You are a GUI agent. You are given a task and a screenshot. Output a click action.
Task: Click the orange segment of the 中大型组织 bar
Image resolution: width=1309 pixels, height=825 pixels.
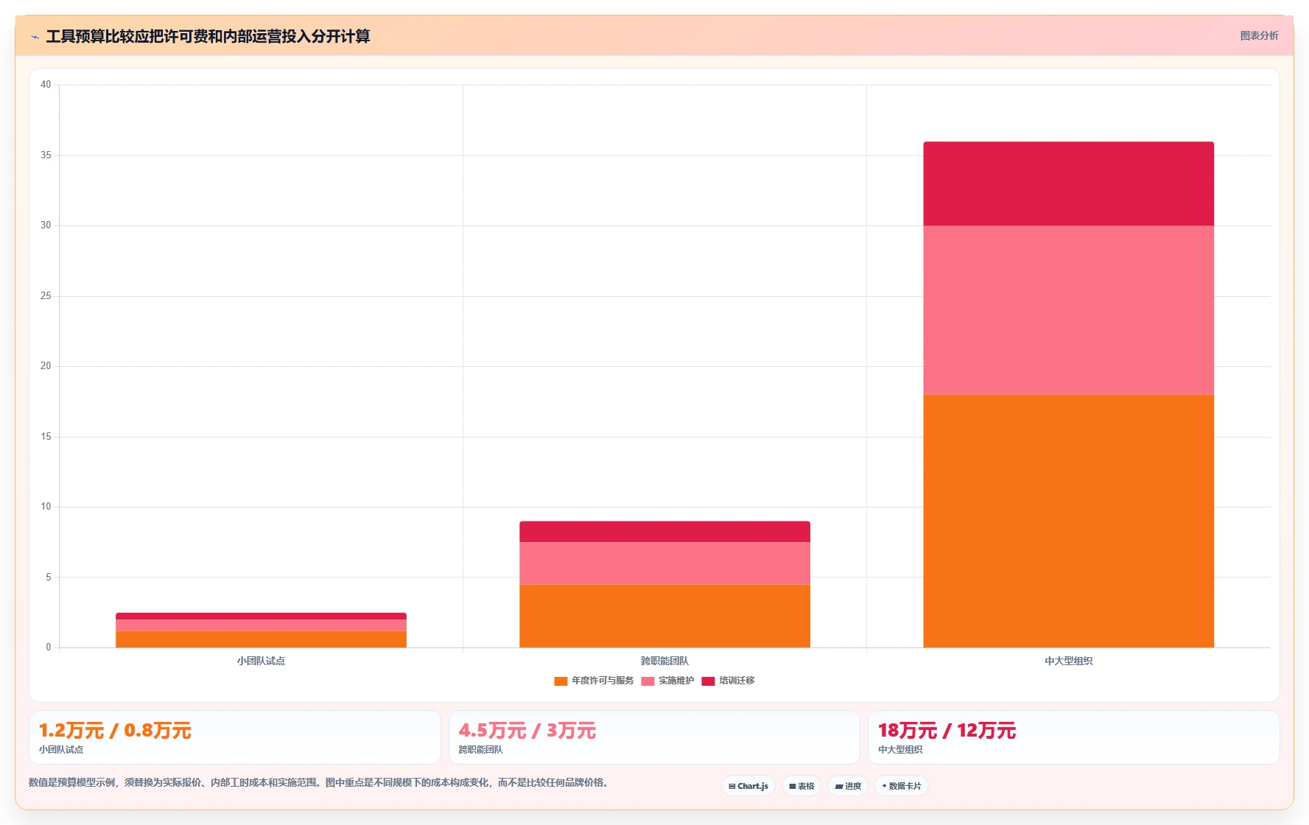click(x=1068, y=521)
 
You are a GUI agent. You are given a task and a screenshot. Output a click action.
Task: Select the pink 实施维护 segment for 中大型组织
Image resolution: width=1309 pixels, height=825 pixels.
click(x=1068, y=310)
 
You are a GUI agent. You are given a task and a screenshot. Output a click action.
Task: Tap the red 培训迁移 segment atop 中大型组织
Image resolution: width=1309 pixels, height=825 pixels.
click(x=1068, y=183)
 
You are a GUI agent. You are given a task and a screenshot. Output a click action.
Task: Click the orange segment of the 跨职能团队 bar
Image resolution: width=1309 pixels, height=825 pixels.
click(x=664, y=616)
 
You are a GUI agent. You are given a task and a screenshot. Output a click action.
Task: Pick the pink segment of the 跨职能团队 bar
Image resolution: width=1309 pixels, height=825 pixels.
click(x=664, y=564)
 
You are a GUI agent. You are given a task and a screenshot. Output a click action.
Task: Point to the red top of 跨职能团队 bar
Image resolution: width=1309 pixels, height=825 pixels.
click(x=664, y=532)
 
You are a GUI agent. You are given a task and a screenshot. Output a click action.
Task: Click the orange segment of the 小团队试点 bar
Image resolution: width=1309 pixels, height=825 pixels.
click(x=261, y=639)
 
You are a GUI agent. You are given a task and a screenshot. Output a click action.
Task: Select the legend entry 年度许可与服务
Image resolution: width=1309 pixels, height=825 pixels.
click(x=594, y=681)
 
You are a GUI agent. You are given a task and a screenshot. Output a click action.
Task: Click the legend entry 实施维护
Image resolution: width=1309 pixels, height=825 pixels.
click(x=667, y=681)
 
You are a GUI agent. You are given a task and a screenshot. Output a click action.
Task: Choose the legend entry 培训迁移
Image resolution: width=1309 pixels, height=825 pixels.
click(x=728, y=681)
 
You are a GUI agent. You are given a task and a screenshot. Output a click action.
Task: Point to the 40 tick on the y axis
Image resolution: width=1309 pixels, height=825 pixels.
click(x=46, y=85)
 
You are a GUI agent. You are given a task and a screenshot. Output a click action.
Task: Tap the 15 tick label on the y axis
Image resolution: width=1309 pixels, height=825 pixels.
click(x=46, y=437)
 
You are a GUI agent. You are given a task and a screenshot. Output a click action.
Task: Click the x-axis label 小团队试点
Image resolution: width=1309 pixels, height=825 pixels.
click(x=261, y=661)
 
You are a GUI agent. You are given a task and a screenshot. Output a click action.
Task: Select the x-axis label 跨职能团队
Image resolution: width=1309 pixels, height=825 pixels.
click(x=664, y=661)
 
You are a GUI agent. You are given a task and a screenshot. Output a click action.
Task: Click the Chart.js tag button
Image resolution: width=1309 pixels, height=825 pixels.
click(x=748, y=786)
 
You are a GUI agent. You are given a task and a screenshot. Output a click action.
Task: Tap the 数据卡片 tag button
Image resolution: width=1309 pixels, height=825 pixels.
click(x=902, y=786)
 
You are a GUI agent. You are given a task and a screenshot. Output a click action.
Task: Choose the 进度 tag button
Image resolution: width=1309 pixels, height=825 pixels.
click(x=848, y=786)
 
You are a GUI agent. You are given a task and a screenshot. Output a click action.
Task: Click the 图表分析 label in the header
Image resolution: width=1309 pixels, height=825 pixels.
click(x=1259, y=35)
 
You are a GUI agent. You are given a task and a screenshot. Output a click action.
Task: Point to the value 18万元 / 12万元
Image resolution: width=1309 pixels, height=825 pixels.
click(x=947, y=731)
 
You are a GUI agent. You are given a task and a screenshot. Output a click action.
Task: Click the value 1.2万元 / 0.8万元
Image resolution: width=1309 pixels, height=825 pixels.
click(x=115, y=731)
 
